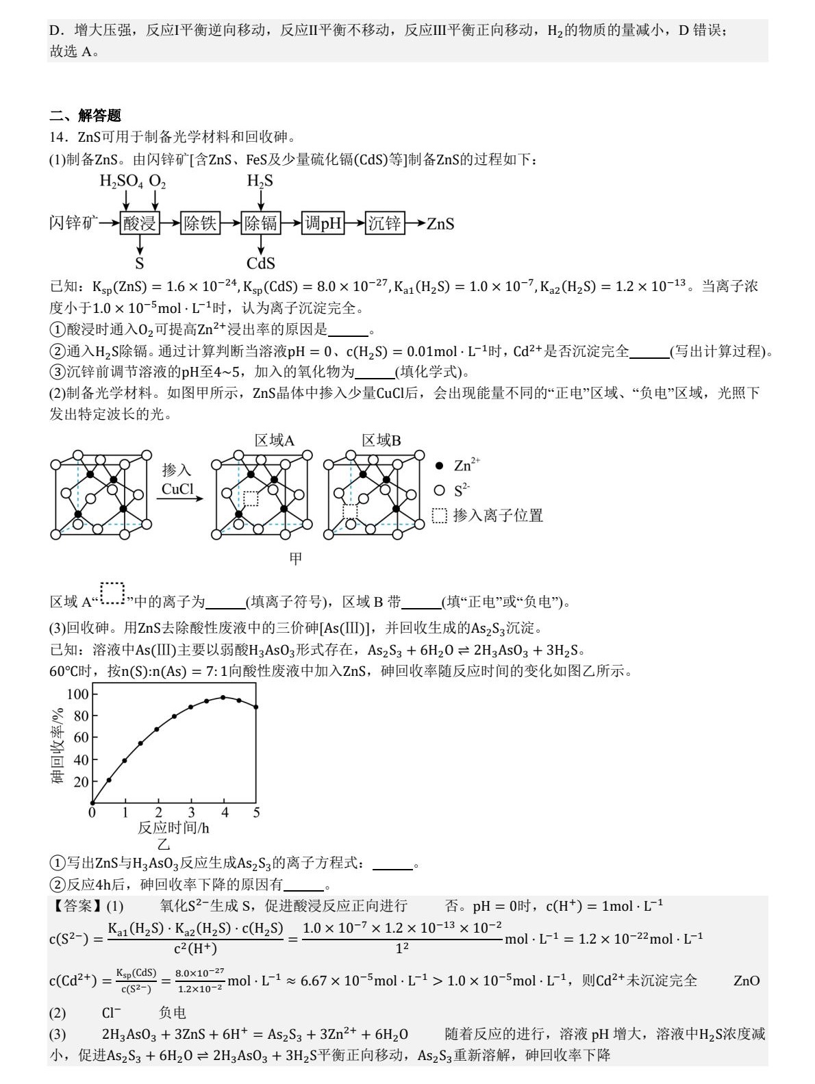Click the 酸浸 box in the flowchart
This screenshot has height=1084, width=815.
tap(140, 223)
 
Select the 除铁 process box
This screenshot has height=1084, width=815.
tap(200, 223)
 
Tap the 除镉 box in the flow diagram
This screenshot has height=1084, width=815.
tap(261, 223)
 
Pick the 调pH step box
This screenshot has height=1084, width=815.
tap(323, 223)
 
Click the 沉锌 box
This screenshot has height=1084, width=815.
tap(384, 223)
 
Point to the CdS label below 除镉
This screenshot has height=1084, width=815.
tap(261, 264)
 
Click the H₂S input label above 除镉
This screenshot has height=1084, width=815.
tap(260, 181)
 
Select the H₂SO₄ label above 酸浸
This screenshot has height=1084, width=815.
tap(121, 181)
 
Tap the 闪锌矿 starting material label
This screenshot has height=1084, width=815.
tap(73, 223)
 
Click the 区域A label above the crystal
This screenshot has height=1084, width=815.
tap(275, 440)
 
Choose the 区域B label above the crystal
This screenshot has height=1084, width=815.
tap(381, 440)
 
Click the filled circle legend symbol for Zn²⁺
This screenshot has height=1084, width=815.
tap(440, 466)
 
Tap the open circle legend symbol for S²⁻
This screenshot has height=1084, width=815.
tap(440, 490)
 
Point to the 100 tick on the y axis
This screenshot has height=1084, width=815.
tap(78, 694)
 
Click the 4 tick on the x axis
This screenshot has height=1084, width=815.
tap(224, 813)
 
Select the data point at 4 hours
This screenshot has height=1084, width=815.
tap(223, 698)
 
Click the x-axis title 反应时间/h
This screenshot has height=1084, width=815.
tap(173, 828)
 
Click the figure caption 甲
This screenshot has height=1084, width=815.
tap(295, 559)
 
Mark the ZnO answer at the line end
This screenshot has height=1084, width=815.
tap(747, 981)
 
